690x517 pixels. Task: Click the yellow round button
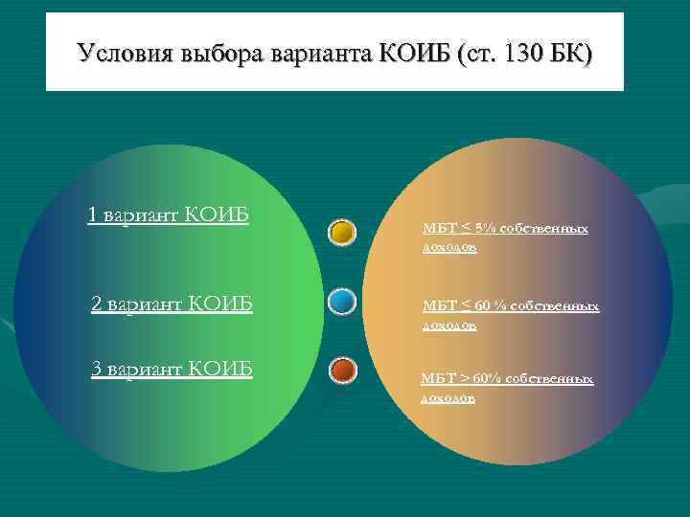point(342,232)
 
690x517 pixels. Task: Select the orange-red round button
point(342,370)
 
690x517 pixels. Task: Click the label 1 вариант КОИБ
point(168,214)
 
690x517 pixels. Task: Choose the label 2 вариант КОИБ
point(172,304)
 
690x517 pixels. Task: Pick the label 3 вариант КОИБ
point(172,369)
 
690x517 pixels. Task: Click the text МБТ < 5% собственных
point(505,230)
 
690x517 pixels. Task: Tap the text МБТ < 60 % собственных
point(511,306)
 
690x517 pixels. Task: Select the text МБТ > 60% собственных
point(507,379)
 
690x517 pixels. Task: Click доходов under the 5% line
point(449,248)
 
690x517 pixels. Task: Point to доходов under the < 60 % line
point(449,326)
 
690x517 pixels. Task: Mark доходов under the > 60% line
point(448,397)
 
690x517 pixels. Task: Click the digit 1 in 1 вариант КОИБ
point(92,214)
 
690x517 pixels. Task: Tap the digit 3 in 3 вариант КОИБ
point(96,369)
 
